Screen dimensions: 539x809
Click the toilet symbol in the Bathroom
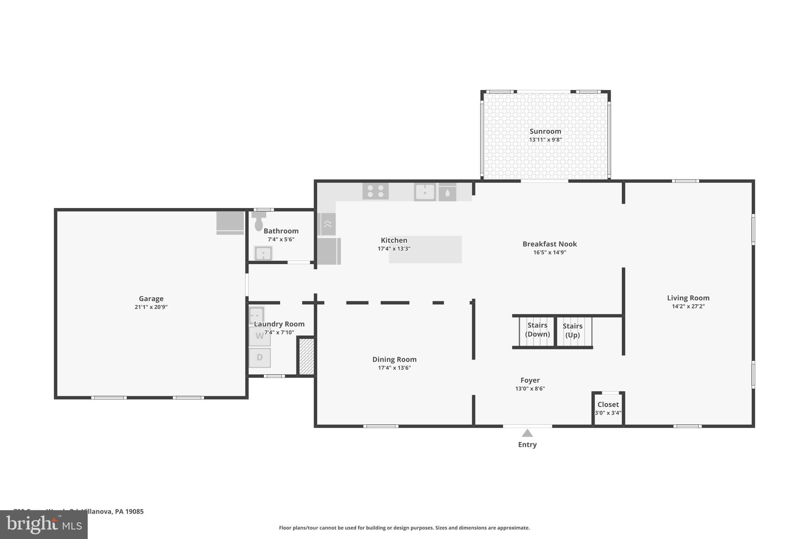259,222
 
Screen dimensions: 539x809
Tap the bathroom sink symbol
263,253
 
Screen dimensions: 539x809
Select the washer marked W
260,336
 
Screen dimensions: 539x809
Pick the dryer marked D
260,358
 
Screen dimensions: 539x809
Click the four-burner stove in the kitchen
375,191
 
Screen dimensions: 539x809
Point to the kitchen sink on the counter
425,192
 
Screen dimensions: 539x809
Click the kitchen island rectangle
425,250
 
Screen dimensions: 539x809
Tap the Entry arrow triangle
527,433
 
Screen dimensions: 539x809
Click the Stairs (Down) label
537,330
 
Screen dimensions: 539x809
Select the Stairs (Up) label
572,331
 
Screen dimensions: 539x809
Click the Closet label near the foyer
608,404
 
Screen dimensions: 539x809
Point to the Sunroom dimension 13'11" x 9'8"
545,140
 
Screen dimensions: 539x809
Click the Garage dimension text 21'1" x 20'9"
151,307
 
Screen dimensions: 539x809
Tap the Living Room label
688,298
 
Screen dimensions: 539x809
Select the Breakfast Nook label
549,244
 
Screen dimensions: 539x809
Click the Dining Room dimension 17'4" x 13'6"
394,368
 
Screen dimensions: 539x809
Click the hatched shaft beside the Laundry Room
306,357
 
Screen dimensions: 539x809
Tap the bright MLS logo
44,525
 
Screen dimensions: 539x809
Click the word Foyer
530,380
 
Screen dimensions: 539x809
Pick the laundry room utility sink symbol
256,316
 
